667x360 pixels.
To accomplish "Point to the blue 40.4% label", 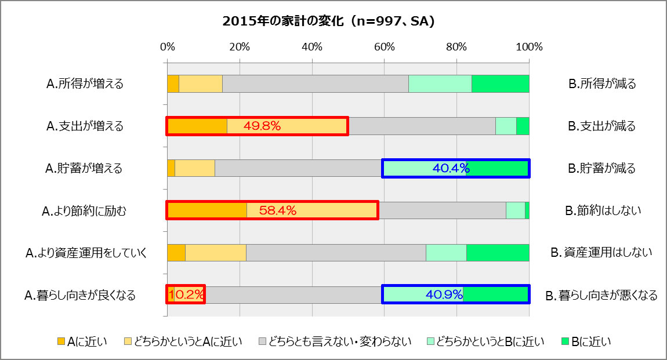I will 451,168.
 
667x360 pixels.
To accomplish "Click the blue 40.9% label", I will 444,294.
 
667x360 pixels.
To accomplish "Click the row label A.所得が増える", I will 85,83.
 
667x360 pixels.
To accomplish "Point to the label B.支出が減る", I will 602,126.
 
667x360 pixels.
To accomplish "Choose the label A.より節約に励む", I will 84,211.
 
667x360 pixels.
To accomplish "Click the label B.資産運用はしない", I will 601,253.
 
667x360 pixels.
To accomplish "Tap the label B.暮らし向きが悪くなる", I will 601,296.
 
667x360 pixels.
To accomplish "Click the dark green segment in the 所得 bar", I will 500,83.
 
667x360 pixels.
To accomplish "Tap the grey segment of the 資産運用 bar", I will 336,253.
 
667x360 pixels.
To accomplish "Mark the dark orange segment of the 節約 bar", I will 207,210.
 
